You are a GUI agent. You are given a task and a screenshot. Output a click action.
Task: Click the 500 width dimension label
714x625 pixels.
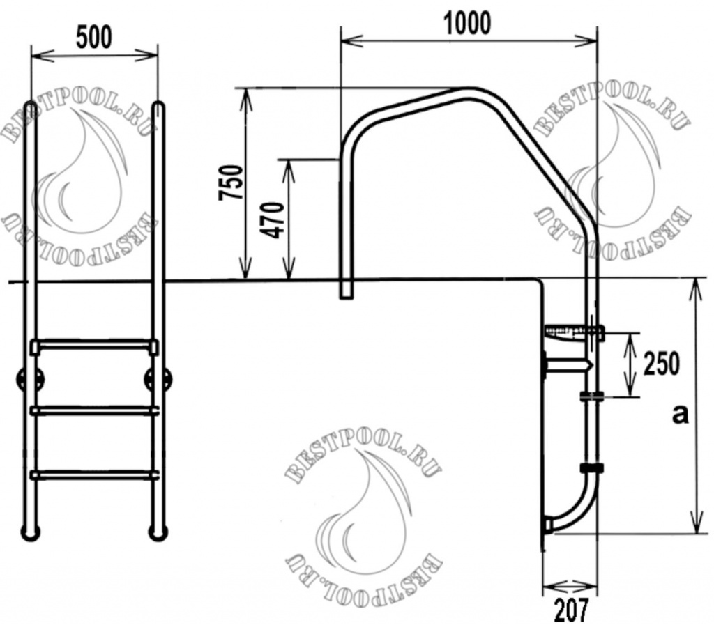(93, 37)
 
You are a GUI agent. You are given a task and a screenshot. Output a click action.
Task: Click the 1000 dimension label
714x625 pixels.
(467, 23)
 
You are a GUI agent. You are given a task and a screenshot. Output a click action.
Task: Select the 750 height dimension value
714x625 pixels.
(232, 183)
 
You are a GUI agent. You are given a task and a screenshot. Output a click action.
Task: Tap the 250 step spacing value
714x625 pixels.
(662, 364)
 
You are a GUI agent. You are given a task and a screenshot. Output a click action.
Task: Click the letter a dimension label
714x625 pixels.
(679, 415)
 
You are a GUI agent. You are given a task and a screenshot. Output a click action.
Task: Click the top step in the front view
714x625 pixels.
(94, 344)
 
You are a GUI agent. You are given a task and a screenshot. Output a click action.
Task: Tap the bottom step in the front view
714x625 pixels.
(94, 475)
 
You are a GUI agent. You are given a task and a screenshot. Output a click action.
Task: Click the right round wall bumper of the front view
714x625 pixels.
(158, 380)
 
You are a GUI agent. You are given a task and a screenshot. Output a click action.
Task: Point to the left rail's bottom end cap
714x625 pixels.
(31, 533)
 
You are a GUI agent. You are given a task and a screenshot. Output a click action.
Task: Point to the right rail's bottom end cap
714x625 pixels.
(158, 533)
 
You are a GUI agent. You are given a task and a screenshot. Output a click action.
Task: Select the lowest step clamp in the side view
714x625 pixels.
(591, 468)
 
